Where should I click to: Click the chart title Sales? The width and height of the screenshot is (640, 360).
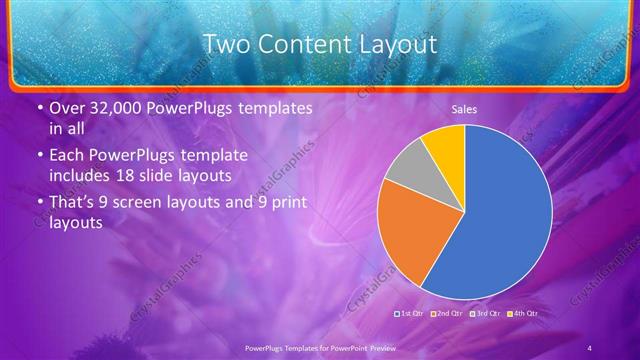pyautogui.click(x=464, y=109)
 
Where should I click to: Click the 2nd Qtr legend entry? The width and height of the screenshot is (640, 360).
pyautogui.click(x=446, y=314)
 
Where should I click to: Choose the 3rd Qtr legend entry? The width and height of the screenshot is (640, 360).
pyautogui.click(x=486, y=314)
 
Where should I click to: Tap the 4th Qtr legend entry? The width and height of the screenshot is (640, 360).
pyautogui.click(x=522, y=314)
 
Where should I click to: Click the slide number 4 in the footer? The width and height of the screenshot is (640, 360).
pyautogui.click(x=590, y=347)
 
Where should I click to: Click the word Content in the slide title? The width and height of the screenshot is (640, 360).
pyautogui.click(x=304, y=44)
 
